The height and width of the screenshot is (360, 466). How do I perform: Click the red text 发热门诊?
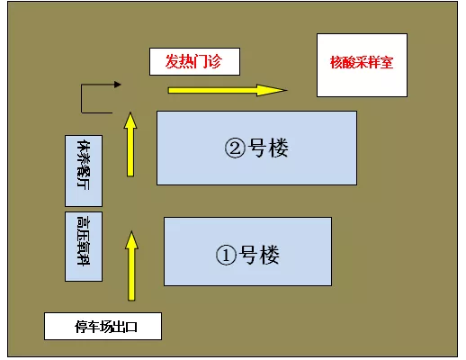point(193,61)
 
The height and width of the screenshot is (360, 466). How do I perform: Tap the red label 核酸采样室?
point(362,62)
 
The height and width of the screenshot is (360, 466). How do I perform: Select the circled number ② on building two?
point(235,148)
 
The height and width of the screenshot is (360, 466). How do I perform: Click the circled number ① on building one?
point(226,255)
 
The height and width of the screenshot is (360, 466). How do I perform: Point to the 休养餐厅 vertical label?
point(84,165)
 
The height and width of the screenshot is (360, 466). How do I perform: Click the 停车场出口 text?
point(106,327)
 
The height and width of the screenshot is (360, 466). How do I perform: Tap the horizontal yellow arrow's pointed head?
point(286,90)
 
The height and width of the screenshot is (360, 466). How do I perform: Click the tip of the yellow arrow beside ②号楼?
point(130,112)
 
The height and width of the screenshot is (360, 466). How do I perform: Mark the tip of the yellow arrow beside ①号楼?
point(131,231)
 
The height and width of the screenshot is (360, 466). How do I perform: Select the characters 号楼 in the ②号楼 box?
point(268,148)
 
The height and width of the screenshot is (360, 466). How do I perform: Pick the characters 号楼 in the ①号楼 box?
point(259,255)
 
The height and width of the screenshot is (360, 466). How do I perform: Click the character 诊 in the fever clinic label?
point(215,61)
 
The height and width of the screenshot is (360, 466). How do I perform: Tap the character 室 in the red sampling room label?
point(387,62)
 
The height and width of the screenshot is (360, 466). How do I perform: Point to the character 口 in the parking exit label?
point(131,327)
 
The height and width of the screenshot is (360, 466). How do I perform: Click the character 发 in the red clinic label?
point(173,61)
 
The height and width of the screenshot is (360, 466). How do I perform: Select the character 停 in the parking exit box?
point(81,327)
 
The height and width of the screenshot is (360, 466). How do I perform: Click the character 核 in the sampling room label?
point(336,62)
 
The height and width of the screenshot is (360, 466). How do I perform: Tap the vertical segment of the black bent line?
point(81,99)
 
